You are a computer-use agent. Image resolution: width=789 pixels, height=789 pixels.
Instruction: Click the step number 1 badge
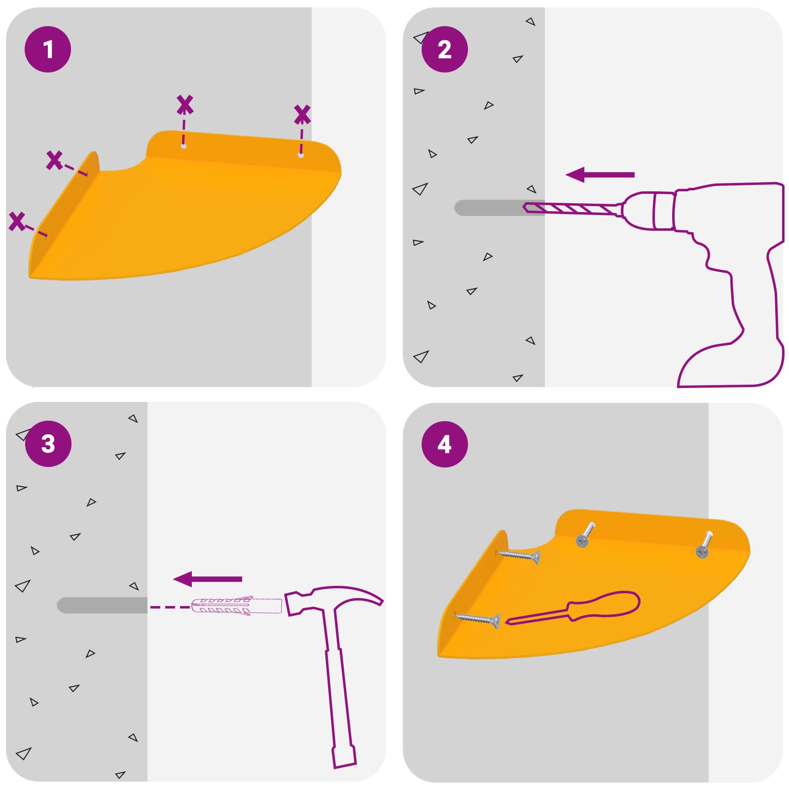48,49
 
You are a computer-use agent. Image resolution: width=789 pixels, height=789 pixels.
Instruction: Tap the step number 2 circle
444,49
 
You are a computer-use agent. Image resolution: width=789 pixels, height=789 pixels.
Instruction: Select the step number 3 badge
48,444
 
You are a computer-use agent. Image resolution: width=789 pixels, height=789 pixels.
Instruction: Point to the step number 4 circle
444,444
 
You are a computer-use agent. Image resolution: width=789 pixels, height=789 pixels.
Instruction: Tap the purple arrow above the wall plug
208,579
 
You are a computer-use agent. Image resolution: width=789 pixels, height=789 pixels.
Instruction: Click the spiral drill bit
572,209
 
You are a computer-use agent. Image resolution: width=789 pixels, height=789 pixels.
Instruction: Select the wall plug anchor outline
237,606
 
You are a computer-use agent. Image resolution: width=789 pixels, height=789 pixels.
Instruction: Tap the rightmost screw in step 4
704,545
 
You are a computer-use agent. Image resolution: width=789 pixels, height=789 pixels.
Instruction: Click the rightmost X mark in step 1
302,114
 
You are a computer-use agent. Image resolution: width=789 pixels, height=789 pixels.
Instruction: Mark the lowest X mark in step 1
17,221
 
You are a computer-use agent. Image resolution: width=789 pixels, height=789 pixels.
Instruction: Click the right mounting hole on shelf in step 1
300,155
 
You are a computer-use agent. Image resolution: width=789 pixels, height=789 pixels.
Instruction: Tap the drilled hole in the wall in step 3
102,605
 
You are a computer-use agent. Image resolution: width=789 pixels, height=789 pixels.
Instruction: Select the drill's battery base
730,365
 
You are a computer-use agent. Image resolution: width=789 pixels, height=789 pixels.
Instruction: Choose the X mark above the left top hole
184,105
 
